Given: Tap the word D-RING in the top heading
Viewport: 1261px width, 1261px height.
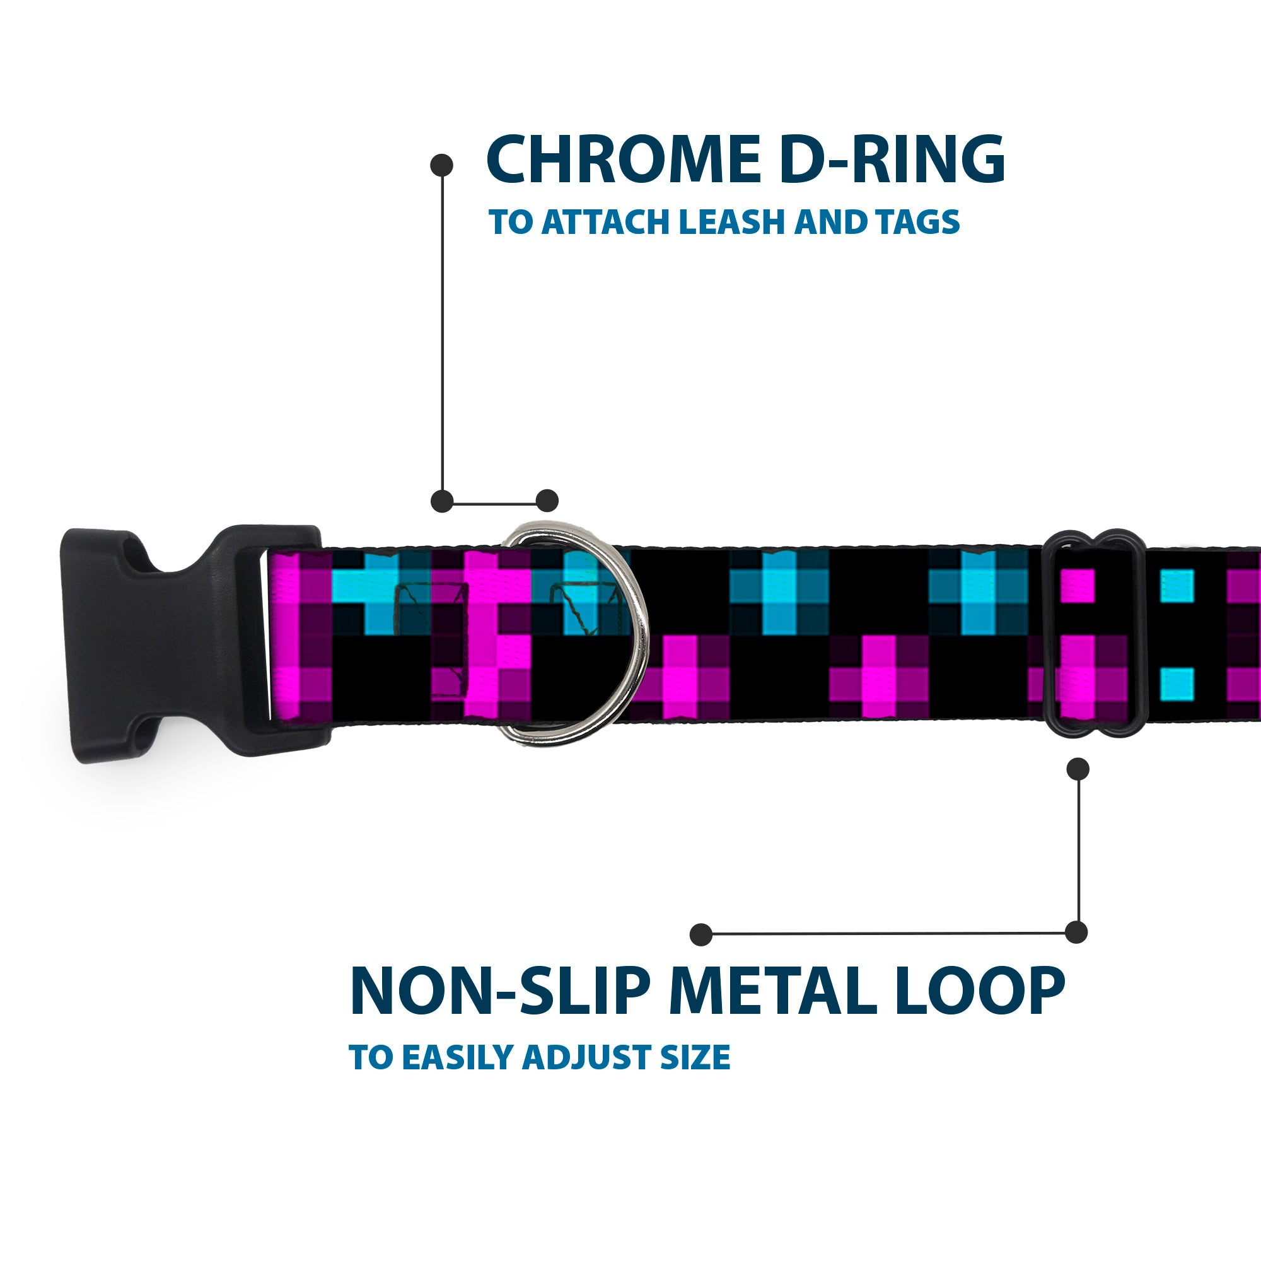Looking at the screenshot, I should pyautogui.click(x=892, y=160).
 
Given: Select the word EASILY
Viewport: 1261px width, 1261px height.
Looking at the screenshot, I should pyautogui.click(x=458, y=1076).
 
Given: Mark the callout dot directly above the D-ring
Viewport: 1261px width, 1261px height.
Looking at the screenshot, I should pyautogui.click(x=547, y=501).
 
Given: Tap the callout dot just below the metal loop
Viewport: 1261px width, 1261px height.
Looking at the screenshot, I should pyautogui.click(x=1078, y=769).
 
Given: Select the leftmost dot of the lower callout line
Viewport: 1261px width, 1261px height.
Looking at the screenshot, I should pyautogui.click(x=701, y=934).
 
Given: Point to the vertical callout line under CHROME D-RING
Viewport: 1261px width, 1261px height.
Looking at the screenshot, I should pyautogui.click(x=443, y=333).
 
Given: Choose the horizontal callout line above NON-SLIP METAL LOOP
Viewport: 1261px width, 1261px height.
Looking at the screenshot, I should pyautogui.click(x=888, y=934).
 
